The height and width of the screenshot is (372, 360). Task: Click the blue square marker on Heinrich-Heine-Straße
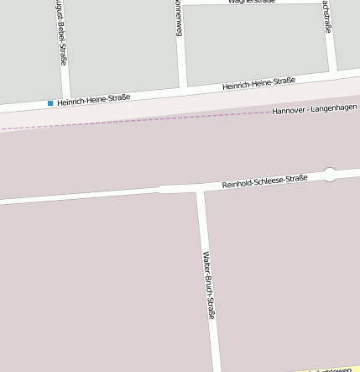[50, 103]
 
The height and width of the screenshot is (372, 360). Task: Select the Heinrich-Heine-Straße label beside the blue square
[94, 99]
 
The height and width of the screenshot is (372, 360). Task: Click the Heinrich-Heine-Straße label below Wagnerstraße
[258, 83]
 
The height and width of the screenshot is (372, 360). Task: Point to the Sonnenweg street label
[178, 18]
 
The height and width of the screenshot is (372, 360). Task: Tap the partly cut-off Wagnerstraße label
[252, 3]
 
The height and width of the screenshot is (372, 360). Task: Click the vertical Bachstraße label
[326, 17]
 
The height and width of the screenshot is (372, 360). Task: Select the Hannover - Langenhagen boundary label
[315, 110]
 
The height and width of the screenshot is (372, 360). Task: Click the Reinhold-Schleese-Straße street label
[264, 181]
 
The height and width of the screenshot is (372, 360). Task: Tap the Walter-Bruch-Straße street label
[209, 285]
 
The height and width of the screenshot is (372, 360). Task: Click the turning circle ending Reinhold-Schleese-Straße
[329, 175]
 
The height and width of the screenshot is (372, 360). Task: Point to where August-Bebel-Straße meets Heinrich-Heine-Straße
[66, 97]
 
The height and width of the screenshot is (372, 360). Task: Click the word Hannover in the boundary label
[289, 111]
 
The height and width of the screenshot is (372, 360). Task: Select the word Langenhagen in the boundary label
[335, 109]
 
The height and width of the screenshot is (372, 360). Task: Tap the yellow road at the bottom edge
[327, 369]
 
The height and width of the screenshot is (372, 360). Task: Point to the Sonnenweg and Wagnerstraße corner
[180, 4]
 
